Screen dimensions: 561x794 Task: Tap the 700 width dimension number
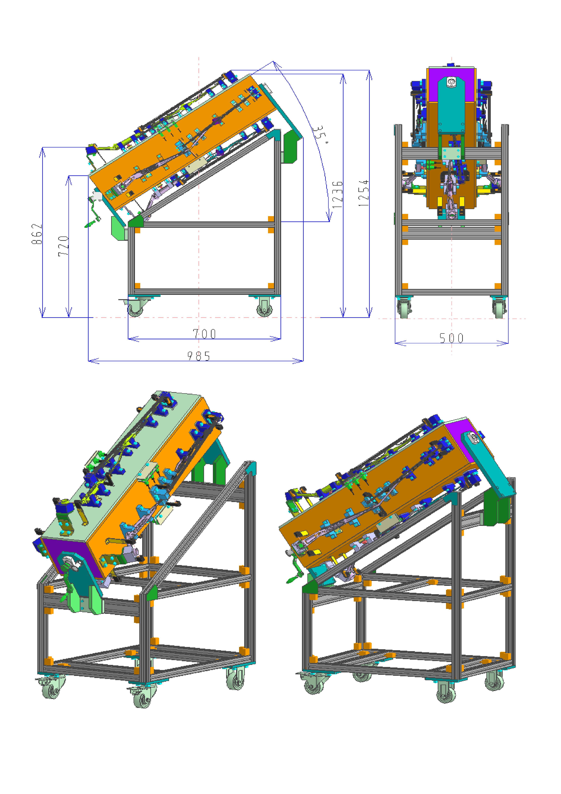204,334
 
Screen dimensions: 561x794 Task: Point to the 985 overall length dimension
199,356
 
